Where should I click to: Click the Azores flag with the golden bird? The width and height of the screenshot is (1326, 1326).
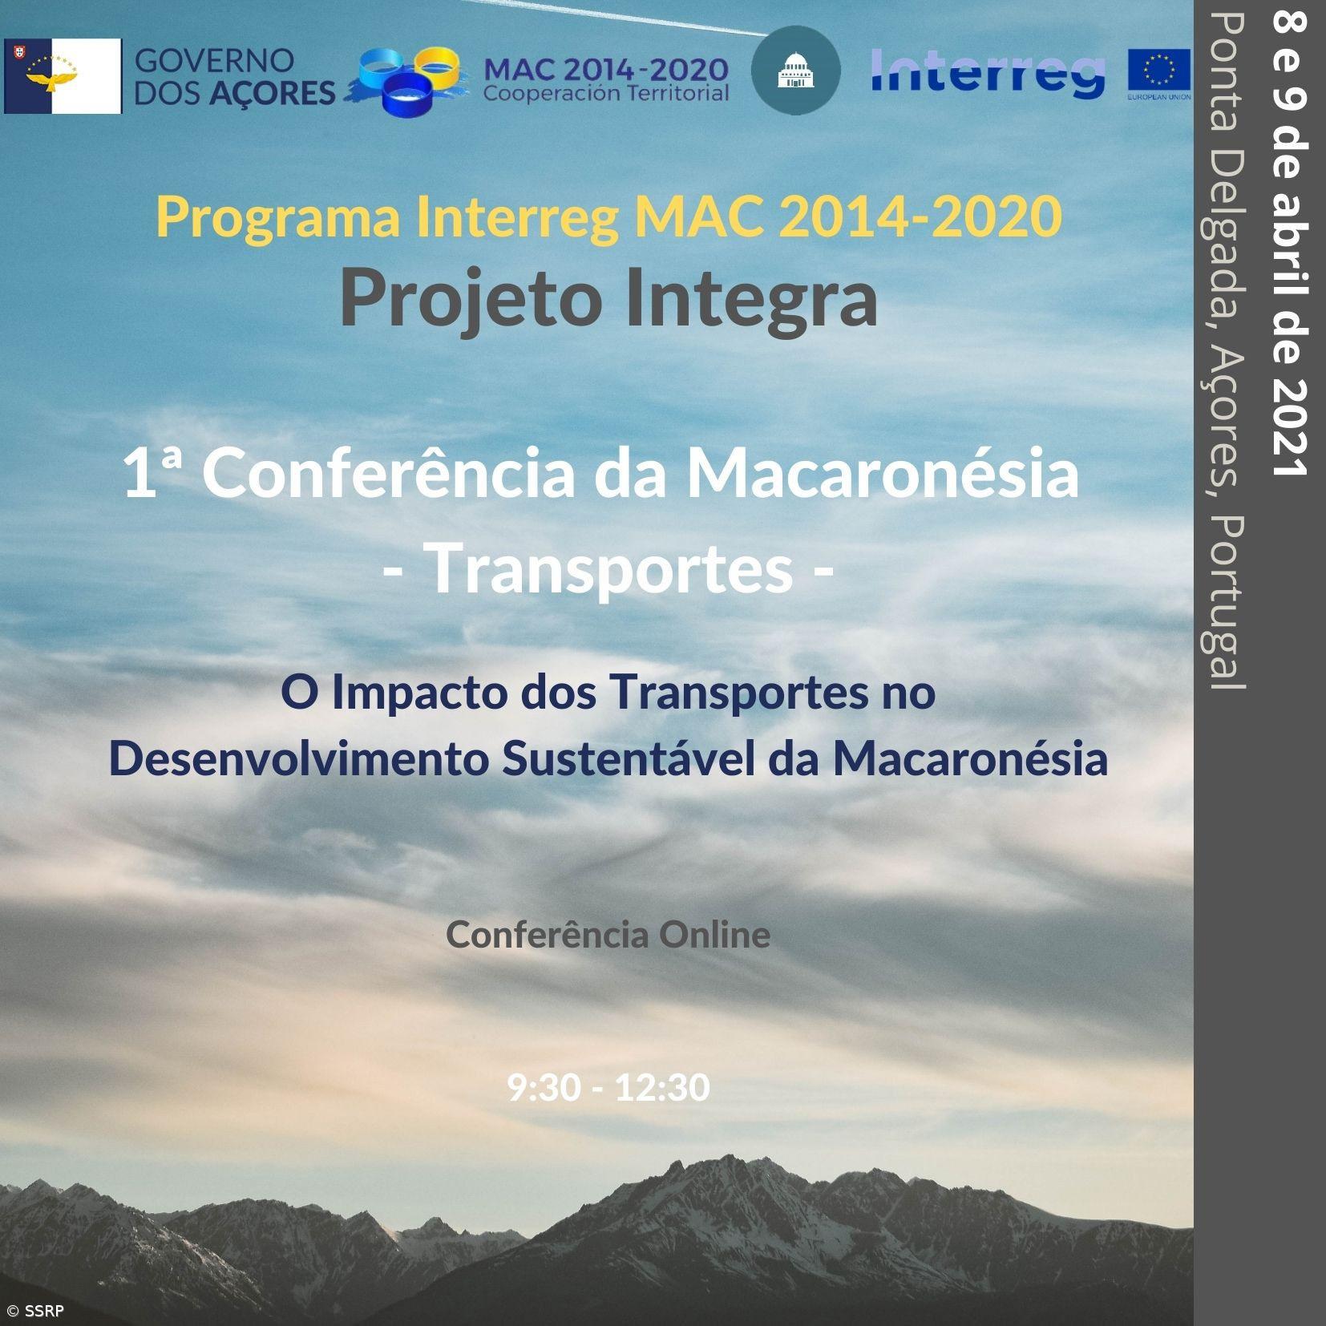tap(63, 76)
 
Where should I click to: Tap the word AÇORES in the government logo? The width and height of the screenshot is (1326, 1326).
tap(273, 94)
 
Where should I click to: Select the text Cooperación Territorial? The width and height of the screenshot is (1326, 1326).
tap(606, 94)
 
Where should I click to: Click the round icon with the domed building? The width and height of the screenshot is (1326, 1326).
tap(795, 71)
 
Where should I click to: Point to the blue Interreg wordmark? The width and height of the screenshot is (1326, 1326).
tap(988, 72)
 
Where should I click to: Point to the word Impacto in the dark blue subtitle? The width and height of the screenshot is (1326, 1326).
tap(420, 692)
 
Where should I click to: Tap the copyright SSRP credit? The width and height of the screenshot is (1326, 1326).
tap(35, 1312)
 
